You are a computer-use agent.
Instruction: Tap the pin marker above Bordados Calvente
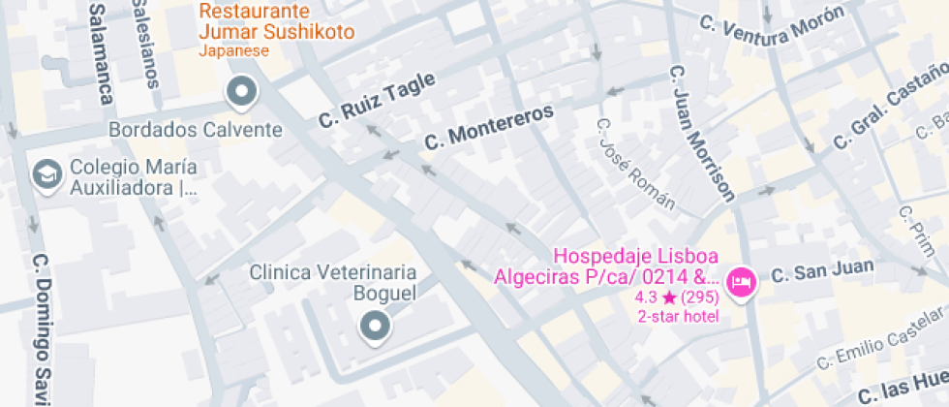(x=241, y=92)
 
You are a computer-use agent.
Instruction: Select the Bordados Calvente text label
(x=196, y=130)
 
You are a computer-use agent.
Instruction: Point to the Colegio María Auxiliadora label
(x=134, y=177)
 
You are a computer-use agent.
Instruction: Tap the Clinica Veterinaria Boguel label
(x=333, y=283)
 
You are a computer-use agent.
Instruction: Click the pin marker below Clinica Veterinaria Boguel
(x=374, y=327)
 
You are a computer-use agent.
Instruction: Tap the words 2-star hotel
(x=678, y=316)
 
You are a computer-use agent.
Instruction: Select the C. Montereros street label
(x=489, y=128)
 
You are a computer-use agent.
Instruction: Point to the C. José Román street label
(x=635, y=164)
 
